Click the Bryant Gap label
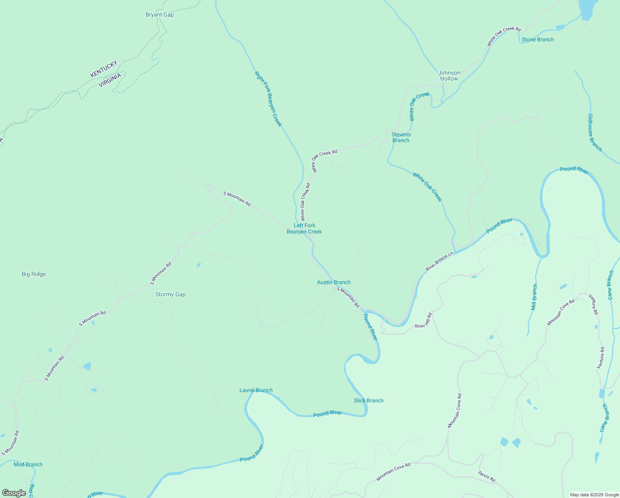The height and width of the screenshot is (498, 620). tap(160, 15)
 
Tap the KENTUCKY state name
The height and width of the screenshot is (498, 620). tap(104, 69)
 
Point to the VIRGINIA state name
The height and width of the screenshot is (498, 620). tap(110, 80)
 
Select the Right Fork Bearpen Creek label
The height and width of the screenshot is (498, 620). tap(268, 99)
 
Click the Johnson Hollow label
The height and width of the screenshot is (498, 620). tap(449, 76)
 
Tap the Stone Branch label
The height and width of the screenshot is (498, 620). tap(538, 40)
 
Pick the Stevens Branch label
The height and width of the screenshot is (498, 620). tap(401, 137)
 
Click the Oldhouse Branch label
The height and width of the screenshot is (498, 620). tap(595, 133)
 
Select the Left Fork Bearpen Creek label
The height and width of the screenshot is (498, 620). tap(304, 229)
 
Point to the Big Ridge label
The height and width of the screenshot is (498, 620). tap(34, 274)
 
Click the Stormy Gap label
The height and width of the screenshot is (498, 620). tap(170, 295)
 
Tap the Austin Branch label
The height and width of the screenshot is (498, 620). tap(334, 283)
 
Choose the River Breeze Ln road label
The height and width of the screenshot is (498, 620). tap(439, 261)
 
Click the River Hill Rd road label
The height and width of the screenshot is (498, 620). tap(423, 320)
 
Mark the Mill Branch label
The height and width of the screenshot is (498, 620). tap(534, 297)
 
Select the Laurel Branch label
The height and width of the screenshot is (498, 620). tap(256, 391)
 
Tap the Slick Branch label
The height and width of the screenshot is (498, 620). tap(368, 401)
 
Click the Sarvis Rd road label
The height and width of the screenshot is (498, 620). tap(487, 476)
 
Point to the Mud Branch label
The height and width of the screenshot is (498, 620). tap(28, 465)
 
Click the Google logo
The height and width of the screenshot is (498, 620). tap(14, 493)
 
